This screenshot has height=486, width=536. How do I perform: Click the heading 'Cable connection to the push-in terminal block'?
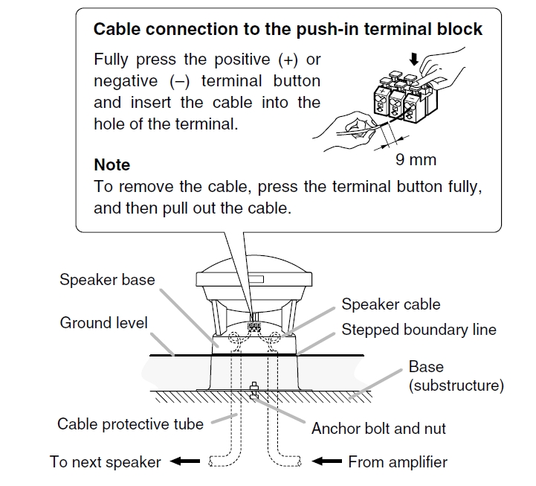pos(288,30)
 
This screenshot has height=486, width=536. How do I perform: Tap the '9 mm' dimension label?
pos(416,159)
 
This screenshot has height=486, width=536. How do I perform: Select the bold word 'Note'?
pos(112,164)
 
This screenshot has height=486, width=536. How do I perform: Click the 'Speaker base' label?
pos(107,281)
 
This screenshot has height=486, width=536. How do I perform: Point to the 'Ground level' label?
pos(104,323)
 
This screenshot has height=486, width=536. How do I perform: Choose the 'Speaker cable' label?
pos(391,304)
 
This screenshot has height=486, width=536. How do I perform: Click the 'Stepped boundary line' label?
pos(419,329)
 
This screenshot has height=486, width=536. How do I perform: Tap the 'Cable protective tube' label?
pos(130,424)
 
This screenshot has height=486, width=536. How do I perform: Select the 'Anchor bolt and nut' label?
pos(379,429)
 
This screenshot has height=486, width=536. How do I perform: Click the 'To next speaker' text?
pos(106,462)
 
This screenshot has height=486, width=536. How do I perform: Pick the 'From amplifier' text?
pos(398,462)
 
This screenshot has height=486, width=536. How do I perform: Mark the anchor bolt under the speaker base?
pos(255,390)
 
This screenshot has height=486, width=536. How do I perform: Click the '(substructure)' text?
pos(456,386)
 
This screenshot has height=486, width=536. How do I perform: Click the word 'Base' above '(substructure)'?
pos(426,367)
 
